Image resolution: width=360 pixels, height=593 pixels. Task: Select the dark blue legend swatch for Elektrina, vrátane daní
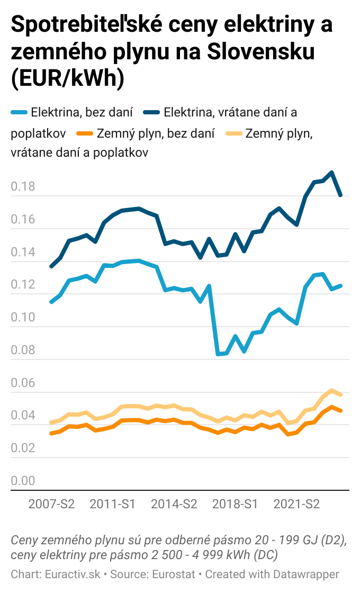click(151, 112)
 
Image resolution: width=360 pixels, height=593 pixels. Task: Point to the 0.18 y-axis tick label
click(23, 187)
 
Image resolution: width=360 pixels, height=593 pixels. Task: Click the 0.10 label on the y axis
click(23, 318)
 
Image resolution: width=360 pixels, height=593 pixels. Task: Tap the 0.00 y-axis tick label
click(23, 481)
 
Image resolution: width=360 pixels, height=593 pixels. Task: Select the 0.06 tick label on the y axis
click(23, 383)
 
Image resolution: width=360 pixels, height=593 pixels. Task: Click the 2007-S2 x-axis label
click(51, 504)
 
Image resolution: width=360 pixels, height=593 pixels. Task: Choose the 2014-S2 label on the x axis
click(174, 504)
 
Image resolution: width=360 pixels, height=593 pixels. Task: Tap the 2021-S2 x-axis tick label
click(296, 504)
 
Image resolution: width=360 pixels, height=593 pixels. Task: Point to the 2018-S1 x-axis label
click(235, 504)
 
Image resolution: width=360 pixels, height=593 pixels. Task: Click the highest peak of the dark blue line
click(331, 173)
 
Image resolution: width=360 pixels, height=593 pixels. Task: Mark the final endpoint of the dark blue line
click(340, 195)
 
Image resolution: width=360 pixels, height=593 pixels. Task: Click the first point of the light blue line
click(51, 302)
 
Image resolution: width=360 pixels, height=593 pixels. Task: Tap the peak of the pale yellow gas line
click(331, 391)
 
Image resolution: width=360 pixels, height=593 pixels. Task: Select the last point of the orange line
click(340, 410)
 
